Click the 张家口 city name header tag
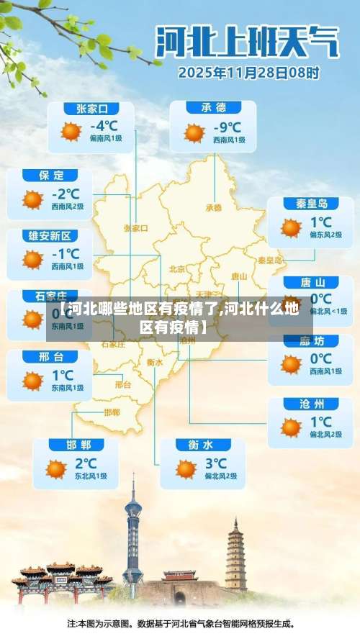(91, 109)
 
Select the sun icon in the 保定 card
(32, 199)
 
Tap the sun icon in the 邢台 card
(32, 381)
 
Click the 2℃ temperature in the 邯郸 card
(85, 463)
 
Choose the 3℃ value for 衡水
(215, 463)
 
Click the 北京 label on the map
(177, 268)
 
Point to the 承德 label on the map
(214, 207)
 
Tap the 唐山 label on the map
(239, 276)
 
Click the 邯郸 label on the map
(112, 412)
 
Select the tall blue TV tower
(133, 536)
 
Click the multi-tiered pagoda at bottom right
(235, 554)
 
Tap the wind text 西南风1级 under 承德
(228, 140)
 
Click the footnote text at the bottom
(180, 623)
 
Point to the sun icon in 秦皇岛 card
(291, 228)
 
